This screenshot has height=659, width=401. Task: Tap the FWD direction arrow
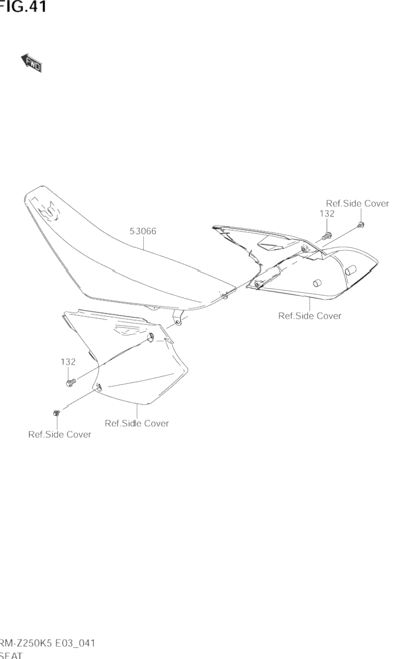pos(31,63)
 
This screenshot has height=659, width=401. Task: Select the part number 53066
pos(143,231)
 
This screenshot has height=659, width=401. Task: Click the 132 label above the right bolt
pos(327,214)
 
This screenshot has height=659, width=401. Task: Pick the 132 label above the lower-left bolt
pos(68,362)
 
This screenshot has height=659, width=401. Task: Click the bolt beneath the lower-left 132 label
pos(70,383)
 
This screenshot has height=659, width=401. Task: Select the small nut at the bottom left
pos(56,414)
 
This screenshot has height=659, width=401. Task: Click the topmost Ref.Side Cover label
pos(357,203)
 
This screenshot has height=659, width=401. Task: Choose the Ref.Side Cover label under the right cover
pos(310,316)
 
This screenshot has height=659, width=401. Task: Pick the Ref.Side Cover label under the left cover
pos(137,423)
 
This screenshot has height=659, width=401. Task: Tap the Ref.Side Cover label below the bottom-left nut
pos(60,435)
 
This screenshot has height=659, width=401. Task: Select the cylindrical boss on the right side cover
pos(317,283)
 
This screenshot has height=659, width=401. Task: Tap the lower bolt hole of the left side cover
pos(98,387)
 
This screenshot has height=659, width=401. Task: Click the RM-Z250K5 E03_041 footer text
pos(47,643)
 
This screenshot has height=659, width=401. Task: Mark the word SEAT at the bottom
pos(10,655)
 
